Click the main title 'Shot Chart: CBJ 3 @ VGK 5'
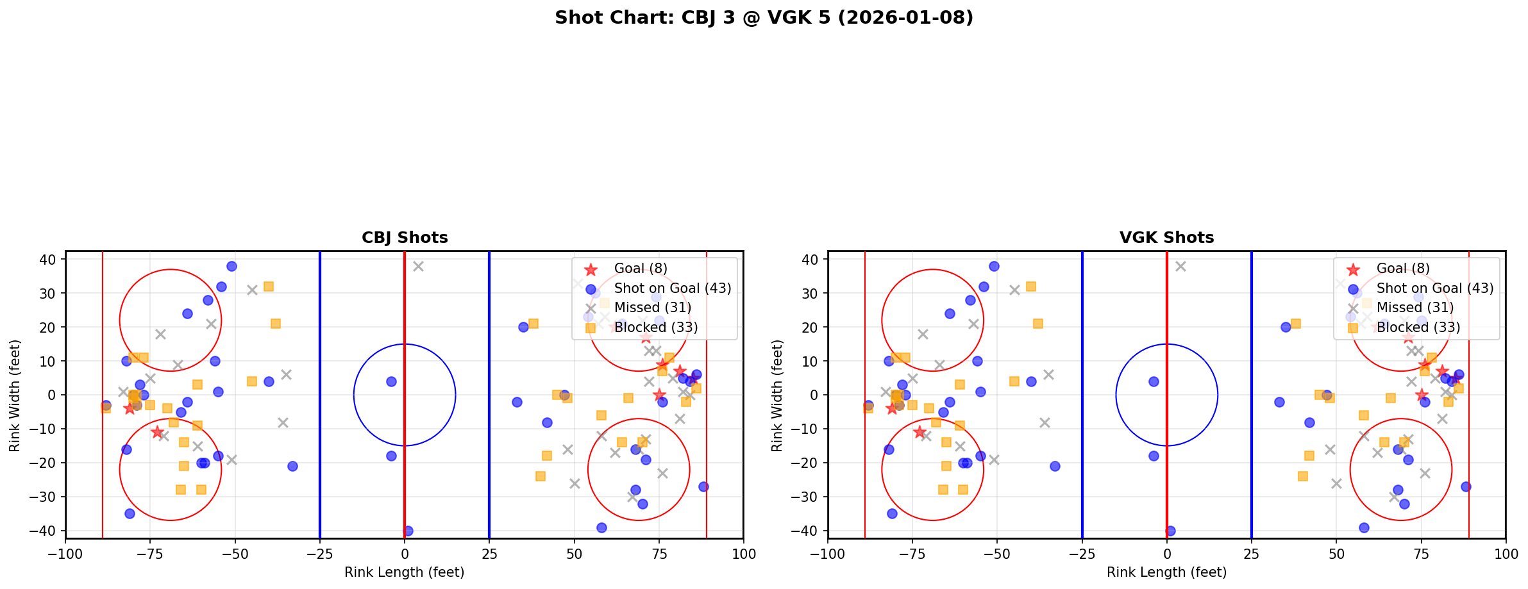pyautogui.click(x=764, y=18)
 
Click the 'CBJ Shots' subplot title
pyautogui.click(x=405, y=238)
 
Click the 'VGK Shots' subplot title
pyautogui.click(x=1166, y=238)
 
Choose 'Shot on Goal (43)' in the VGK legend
pyautogui.click(x=1434, y=288)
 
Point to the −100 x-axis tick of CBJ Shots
pyautogui.click(x=65, y=554)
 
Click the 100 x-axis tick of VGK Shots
pyautogui.click(x=1505, y=554)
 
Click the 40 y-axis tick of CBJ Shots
pyautogui.click(x=49, y=260)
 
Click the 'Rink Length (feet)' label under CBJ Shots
pyautogui.click(x=405, y=572)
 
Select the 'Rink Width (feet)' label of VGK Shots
pyautogui.click(x=777, y=395)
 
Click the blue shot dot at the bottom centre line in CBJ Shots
pyautogui.click(x=408, y=531)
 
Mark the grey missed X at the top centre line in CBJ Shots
pyautogui.click(x=418, y=266)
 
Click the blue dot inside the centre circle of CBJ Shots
pyautogui.click(x=391, y=381)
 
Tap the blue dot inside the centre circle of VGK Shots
pyautogui.click(x=1154, y=381)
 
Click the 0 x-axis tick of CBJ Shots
pyautogui.click(x=405, y=554)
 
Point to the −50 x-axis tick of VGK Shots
pyautogui.click(x=997, y=554)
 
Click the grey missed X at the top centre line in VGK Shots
pyautogui.click(x=1180, y=266)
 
